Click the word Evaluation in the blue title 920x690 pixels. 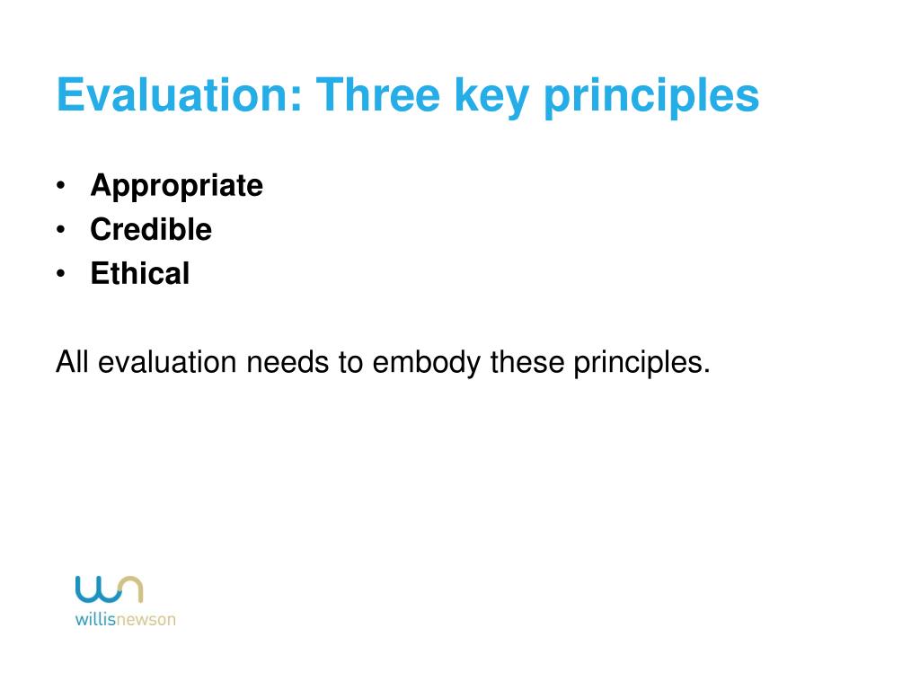[178, 95]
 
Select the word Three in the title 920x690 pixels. [377, 95]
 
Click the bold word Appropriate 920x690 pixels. [176, 186]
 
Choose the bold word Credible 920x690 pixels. [151, 229]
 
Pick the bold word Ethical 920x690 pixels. [139, 273]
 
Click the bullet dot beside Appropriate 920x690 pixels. [60, 186]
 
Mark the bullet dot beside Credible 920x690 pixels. [60, 229]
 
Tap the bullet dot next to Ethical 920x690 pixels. [60, 273]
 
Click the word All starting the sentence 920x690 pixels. [73, 363]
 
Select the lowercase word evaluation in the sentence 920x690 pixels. [168, 363]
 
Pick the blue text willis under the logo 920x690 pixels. [94, 619]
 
